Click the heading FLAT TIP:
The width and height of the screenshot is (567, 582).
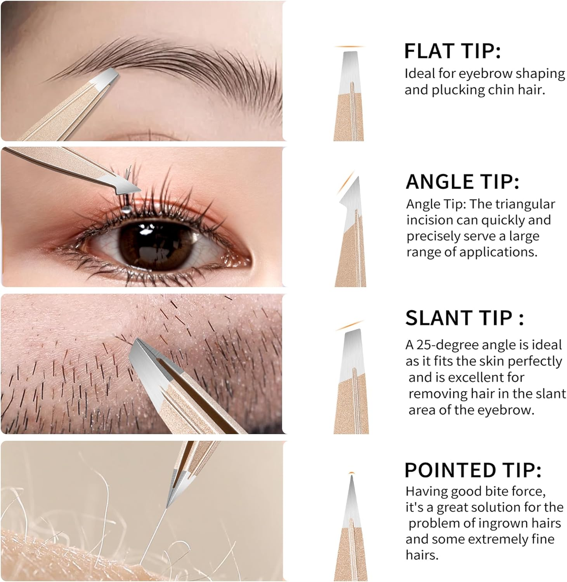point(452,51)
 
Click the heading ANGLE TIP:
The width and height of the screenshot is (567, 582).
point(462,182)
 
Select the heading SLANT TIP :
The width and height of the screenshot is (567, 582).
point(464,318)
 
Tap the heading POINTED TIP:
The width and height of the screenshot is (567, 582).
point(473,470)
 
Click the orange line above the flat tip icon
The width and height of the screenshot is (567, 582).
point(349,47)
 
